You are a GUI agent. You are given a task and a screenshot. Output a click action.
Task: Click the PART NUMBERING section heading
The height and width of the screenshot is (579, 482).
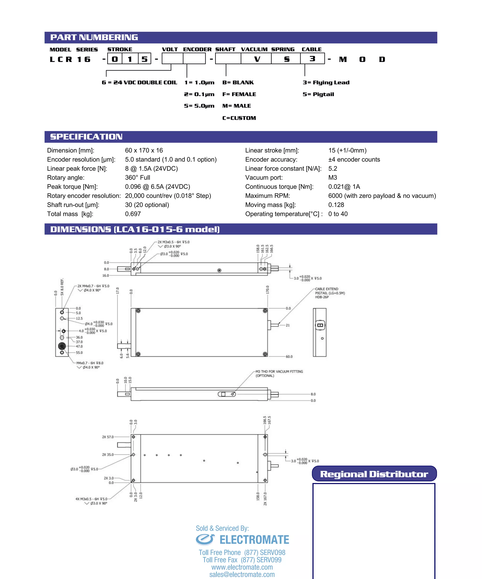pos(94,37)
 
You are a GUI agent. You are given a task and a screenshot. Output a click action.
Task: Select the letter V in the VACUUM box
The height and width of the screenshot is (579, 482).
pos(257,59)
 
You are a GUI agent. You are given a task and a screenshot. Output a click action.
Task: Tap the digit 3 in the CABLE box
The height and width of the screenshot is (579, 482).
pos(312,59)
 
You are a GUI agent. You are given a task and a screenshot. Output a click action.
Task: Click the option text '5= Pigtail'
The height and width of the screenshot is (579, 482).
pos(318,94)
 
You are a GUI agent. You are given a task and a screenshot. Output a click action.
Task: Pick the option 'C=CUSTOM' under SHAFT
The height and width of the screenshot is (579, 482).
pos(239,118)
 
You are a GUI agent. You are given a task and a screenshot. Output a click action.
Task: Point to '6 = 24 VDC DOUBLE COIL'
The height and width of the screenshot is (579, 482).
pos(139,82)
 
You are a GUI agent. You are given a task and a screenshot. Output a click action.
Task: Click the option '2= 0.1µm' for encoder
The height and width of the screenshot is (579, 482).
pos(199,94)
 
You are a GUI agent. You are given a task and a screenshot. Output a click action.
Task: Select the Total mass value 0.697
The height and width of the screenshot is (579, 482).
pos(133,214)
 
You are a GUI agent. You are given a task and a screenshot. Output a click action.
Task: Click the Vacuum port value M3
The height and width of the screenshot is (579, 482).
pos(333,177)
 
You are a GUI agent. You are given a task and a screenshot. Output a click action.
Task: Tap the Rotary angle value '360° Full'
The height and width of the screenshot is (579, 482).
pos(137,177)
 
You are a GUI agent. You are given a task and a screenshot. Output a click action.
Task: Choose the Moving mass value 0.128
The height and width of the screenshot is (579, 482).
pos(336,205)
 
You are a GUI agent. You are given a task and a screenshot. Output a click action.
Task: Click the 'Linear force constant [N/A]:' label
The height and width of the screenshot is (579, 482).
pos(283,168)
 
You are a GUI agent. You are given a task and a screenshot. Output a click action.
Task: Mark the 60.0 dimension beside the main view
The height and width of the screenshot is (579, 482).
pos(289,357)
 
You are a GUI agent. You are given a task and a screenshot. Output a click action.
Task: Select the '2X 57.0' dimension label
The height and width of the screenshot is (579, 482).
pos(108,437)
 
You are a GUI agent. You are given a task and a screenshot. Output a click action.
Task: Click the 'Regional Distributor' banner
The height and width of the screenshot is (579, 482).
pos(374,474)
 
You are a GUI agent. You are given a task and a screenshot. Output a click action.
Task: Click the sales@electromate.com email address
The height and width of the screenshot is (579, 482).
pos(242,574)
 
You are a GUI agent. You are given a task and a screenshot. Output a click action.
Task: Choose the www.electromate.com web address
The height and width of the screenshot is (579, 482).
pos(242,567)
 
